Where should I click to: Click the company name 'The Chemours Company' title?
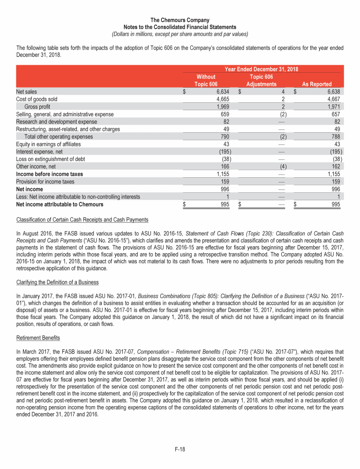pyautogui.click(x=180, y=20)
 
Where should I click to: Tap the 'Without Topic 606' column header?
pyautogui.click(x=206, y=80)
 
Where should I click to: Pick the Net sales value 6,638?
pyautogui.click(x=335, y=91)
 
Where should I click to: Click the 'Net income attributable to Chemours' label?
pyautogui.click(x=60, y=204)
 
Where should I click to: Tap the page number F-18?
pyautogui.click(x=180, y=449)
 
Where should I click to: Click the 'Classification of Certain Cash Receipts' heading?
pyautogui.click(x=82, y=219)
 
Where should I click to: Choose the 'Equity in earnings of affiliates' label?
pyautogui.click(x=48, y=144)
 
